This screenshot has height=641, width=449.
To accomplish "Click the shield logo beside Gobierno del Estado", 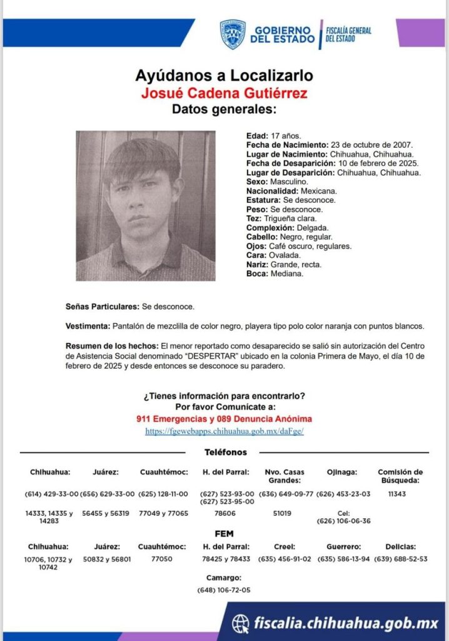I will tap(233, 34).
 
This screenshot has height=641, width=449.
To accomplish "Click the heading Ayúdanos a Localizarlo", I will tap(224, 76).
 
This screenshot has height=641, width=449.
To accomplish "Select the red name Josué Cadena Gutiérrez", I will tap(224, 93).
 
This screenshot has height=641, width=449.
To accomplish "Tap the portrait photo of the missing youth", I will tap(146, 205).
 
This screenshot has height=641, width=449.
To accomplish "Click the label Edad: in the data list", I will tap(257, 136).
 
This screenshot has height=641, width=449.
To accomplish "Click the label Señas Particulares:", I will tap(103, 307).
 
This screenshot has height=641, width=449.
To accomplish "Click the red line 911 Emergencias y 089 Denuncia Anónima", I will tap(224, 418).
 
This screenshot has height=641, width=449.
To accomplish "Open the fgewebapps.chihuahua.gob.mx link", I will tap(224, 431).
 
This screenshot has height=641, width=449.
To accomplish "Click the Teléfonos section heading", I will tap(226, 452).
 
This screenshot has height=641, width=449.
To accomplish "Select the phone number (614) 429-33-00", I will tap(52, 493).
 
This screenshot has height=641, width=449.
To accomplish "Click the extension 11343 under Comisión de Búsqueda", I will tap(396, 493).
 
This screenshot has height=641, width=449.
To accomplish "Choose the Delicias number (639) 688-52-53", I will tap(400, 559).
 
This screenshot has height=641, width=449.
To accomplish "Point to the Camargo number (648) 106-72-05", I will tap(223, 590).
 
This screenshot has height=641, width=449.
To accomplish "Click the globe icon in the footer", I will tap(240, 622).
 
